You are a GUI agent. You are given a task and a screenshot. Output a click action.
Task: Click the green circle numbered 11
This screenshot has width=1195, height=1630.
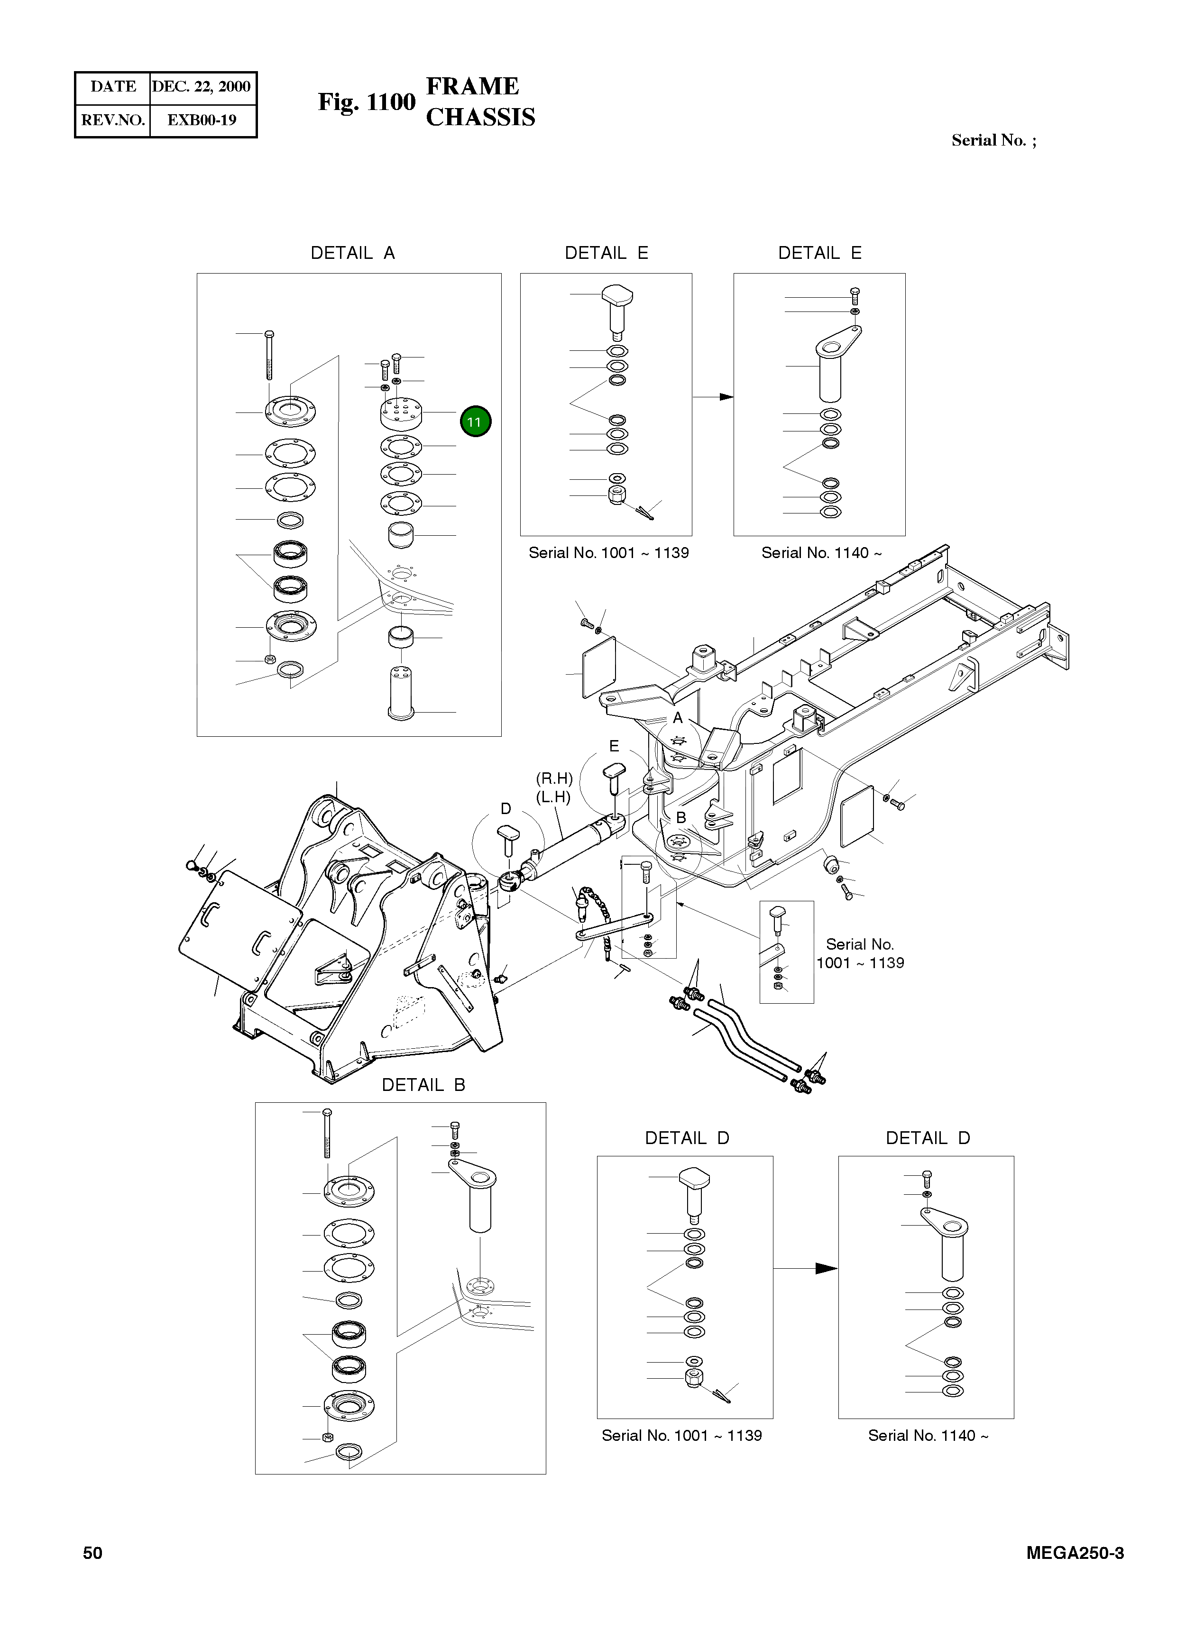tap(475, 421)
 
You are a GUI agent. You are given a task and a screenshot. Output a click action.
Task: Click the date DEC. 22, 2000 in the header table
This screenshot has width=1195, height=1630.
tap(201, 87)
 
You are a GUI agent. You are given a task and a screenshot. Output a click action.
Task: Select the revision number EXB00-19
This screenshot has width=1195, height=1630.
tap(202, 120)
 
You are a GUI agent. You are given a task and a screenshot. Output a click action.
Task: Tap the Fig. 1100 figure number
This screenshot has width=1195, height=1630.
tap(367, 102)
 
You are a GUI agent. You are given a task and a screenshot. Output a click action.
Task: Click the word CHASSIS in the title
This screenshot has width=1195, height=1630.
tap(480, 117)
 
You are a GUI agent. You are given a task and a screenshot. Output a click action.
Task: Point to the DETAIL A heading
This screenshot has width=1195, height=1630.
tap(352, 253)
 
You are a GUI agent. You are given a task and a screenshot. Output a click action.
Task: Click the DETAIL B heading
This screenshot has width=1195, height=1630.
tap(423, 1085)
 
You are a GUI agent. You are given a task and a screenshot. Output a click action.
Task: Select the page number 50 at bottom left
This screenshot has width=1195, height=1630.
tap(92, 1553)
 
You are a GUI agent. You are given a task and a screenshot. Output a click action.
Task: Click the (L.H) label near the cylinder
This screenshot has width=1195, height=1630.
tap(553, 797)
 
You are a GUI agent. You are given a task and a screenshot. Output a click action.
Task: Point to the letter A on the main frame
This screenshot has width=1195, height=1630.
tap(678, 718)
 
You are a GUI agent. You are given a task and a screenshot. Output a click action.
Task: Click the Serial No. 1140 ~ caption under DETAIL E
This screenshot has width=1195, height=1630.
tap(821, 552)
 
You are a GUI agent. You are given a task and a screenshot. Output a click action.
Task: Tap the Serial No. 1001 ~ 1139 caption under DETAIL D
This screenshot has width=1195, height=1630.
tap(681, 1436)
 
